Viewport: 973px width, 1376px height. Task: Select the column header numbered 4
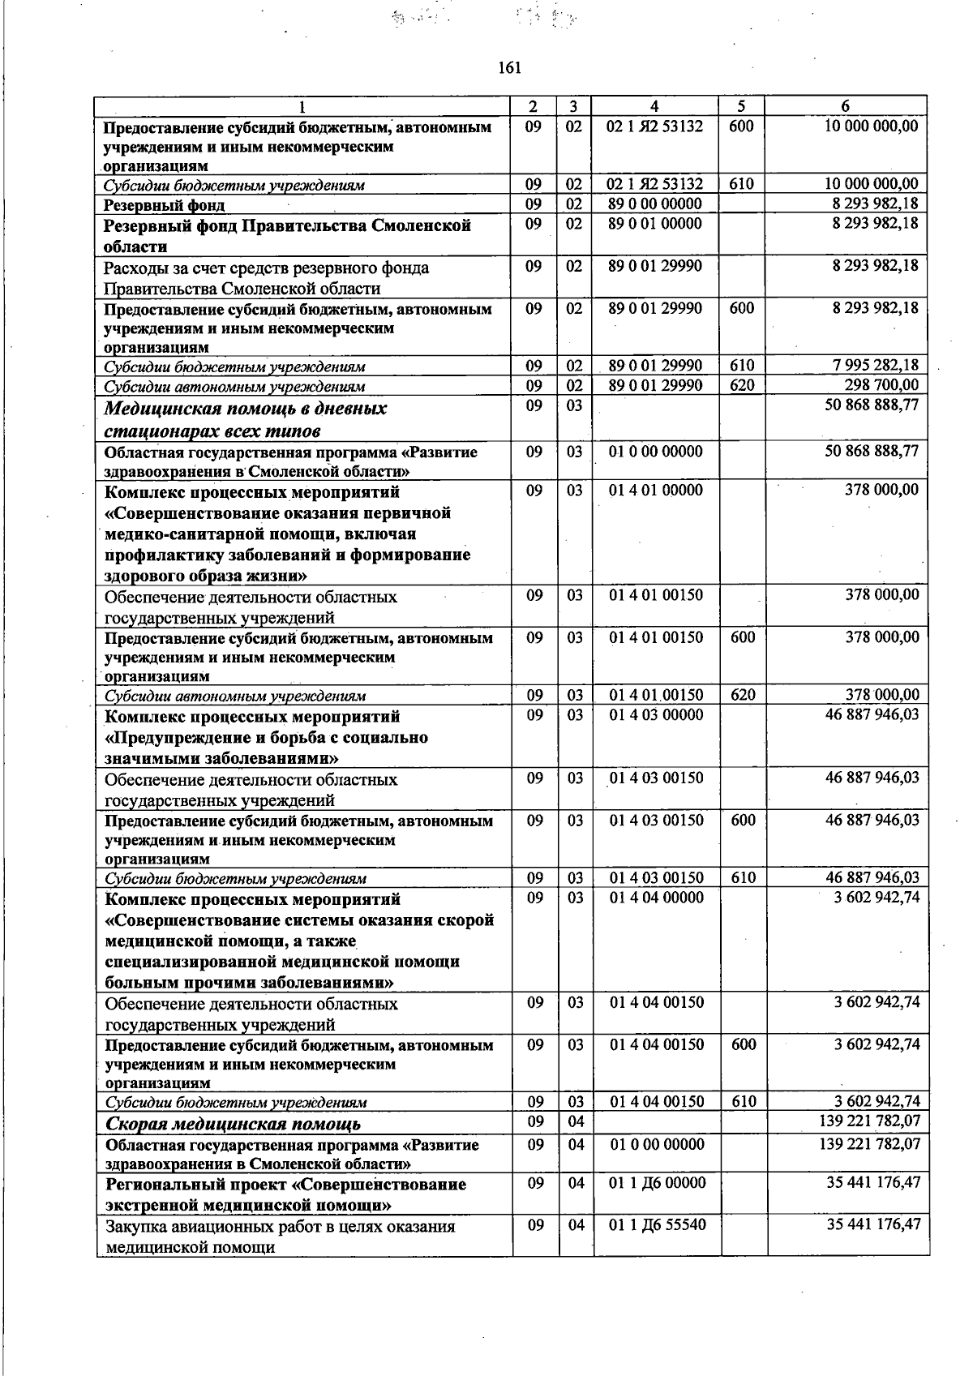[654, 106]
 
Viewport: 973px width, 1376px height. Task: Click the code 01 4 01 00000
[656, 491]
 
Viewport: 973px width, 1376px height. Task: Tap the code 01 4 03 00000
[657, 715]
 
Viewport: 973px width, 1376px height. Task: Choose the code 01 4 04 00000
[657, 898]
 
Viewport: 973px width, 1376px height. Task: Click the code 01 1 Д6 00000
[658, 1183]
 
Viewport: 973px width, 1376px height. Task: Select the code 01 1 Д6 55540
[658, 1224]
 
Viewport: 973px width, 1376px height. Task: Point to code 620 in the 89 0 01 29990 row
[742, 385]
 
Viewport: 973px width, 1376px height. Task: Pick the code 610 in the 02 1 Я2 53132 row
[741, 184]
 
